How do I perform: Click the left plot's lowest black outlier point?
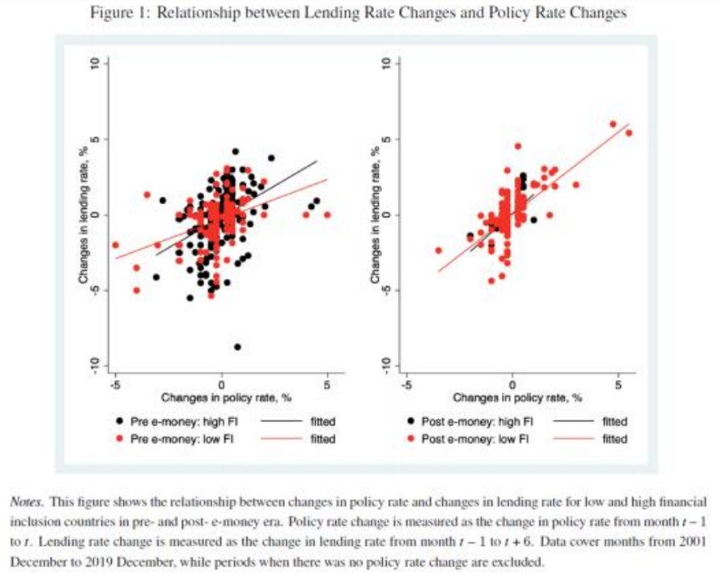tap(237, 347)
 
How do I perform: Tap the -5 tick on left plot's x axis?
tap(115, 383)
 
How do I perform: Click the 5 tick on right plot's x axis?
tap(618, 383)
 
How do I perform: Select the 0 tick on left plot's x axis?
tap(221, 383)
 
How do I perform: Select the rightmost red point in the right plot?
tap(629, 133)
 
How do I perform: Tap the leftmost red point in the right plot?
tap(438, 250)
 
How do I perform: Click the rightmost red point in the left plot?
tap(327, 215)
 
